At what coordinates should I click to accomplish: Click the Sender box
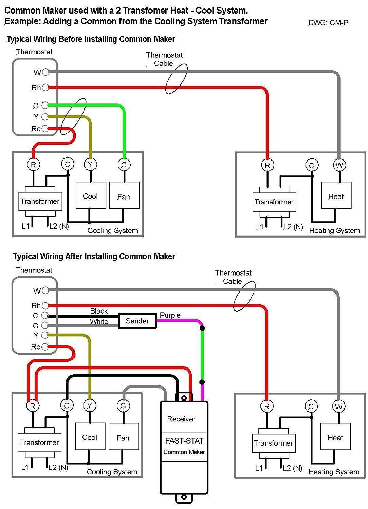tap(137, 321)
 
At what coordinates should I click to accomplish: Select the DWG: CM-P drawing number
tap(328, 23)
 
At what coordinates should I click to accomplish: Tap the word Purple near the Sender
tap(170, 315)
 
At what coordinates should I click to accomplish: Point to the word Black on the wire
tap(99, 311)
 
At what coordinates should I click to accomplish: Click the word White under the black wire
tap(99, 321)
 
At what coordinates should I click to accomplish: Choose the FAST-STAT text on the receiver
tap(184, 441)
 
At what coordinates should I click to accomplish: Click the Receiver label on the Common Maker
tap(181, 419)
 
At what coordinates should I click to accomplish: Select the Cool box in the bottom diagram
tap(90, 437)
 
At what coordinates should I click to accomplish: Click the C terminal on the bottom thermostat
tap(44, 316)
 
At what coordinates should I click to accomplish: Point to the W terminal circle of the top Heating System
tap(339, 166)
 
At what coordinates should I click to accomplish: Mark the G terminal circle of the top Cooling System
tap(124, 165)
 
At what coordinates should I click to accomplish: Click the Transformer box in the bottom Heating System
tap(273, 443)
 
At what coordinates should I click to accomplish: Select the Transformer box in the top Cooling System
tap(40, 201)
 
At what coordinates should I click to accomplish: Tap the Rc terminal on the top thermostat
tap(45, 129)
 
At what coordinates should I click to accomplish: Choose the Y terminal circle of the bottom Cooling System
tap(90, 406)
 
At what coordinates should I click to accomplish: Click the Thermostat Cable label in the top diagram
tap(164, 59)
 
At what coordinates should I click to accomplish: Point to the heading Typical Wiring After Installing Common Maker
tap(94, 256)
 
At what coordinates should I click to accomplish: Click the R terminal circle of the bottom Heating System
tap(267, 406)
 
